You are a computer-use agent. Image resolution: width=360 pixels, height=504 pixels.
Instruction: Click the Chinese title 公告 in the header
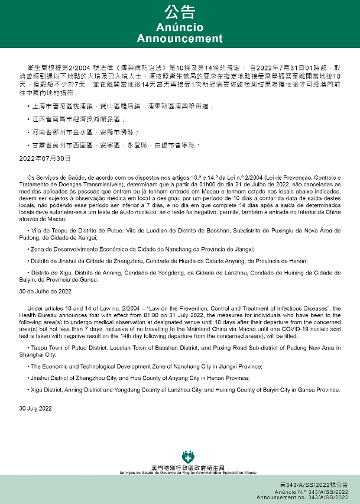(x=180, y=12)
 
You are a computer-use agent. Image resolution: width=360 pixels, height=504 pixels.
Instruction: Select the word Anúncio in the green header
(x=180, y=28)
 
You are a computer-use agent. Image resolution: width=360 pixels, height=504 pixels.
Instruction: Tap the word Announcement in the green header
(x=180, y=38)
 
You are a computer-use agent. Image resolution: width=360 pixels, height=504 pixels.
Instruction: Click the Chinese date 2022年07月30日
(x=45, y=158)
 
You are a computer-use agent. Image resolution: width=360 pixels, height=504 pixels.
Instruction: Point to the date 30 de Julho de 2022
(x=45, y=292)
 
